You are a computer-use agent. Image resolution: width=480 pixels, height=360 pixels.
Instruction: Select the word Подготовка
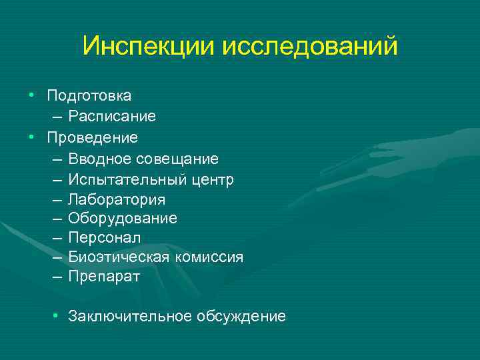pyautogui.click(x=89, y=97)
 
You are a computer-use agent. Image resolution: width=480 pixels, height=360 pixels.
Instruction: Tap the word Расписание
pyautogui.click(x=112, y=117)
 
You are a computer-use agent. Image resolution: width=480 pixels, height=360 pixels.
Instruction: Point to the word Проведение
pyautogui.click(x=92, y=138)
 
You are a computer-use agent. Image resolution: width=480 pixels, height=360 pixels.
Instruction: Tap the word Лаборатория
pyautogui.click(x=117, y=199)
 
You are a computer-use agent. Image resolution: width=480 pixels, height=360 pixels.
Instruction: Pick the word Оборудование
pyautogui.click(x=123, y=219)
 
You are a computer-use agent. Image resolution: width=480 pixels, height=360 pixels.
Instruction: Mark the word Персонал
pyautogui.click(x=104, y=238)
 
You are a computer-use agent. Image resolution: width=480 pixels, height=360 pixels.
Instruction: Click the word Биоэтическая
pyautogui.click(x=117, y=257)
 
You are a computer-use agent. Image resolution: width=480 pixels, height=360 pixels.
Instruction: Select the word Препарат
pyautogui.click(x=104, y=277)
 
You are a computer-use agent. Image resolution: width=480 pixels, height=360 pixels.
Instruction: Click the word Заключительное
pyautogui.click(x=130, y=316)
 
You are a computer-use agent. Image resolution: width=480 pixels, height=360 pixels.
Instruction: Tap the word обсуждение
pyautogui.click(x=241, y=316)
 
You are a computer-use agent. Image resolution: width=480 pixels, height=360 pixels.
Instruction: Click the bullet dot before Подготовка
pyautogui.click(x=31, y=97)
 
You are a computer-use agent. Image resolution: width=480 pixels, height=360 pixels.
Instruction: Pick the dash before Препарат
pyautogui.click(x=55, y=277)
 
